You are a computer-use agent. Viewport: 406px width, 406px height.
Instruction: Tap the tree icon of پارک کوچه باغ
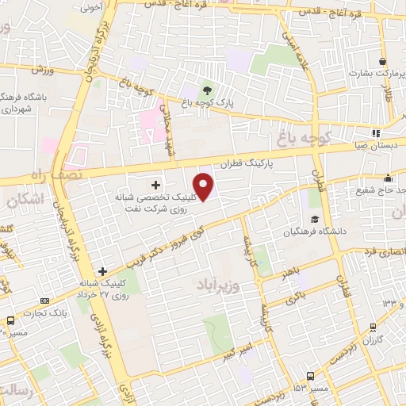pyautogui.click(x=207, y=90)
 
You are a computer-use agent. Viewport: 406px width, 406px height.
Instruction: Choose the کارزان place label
pyautogui.click(x=372, y=339)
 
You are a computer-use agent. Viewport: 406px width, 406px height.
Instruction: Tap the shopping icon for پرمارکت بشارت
pyautogui.click(x=383, y=61)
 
